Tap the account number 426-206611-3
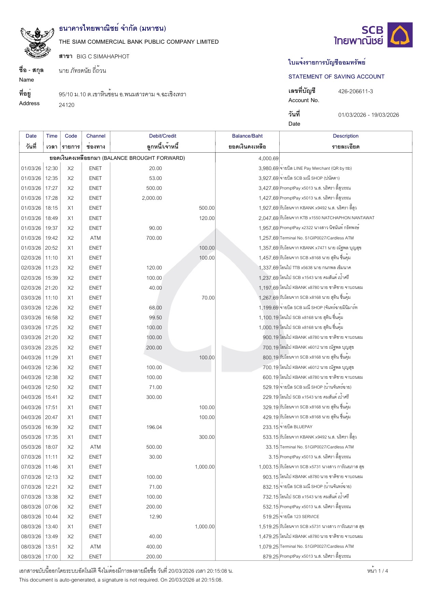pyautogui.click(x=355, y=91)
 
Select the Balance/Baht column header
pyautogui.click(x=247, y=136)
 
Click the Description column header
pyautogui.click(x=346, y=136)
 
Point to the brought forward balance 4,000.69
pyautogui.click(x=268, y=158)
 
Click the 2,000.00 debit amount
pyautogui.click(x=152, y=198)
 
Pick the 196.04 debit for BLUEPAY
pyautogui.click(x=154, y=427)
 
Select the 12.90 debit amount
pyautogui.click(x=155, y=517)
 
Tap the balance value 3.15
pyautogui.click(x=273, y=457)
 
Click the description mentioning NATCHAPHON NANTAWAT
pyautogui.click(x=327, y=218)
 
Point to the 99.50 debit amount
pyautogui.click(x=155, y=318)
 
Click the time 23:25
pyautogui.click(x=52, y=348)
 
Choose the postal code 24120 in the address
pyautogui.click(x=67, y=105)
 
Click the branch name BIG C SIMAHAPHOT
pyautogui.click(x=103, y=57)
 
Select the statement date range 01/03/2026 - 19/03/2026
pyautogui.click(x=368, y=115)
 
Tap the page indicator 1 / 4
pyautogui.click(x=378, y=571)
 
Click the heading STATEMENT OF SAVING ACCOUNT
pyautogui.click(x=336, y=77)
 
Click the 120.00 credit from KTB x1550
pyautogui.click(x=207, y=218)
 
